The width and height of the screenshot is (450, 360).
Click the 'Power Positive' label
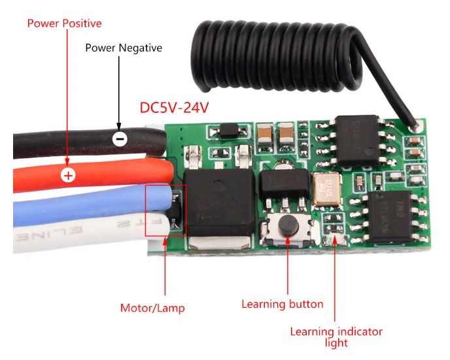tap(64, 24)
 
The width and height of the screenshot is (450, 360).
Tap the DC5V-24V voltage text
tap(174, 107)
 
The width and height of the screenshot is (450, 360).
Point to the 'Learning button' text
tap(283, 304)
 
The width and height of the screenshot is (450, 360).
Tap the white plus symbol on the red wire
tap(67, 174)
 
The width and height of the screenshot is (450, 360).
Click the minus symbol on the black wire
tap(119, 138)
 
